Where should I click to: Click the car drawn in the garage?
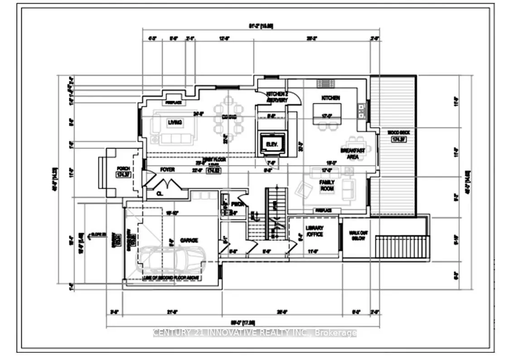172,260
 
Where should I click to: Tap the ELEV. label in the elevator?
271,145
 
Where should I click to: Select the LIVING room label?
175,122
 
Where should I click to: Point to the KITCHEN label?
330,98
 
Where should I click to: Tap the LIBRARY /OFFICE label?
314,231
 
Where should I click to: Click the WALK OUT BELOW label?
357,236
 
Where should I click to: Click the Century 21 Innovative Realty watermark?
255,333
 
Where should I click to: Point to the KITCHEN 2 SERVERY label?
277,97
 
